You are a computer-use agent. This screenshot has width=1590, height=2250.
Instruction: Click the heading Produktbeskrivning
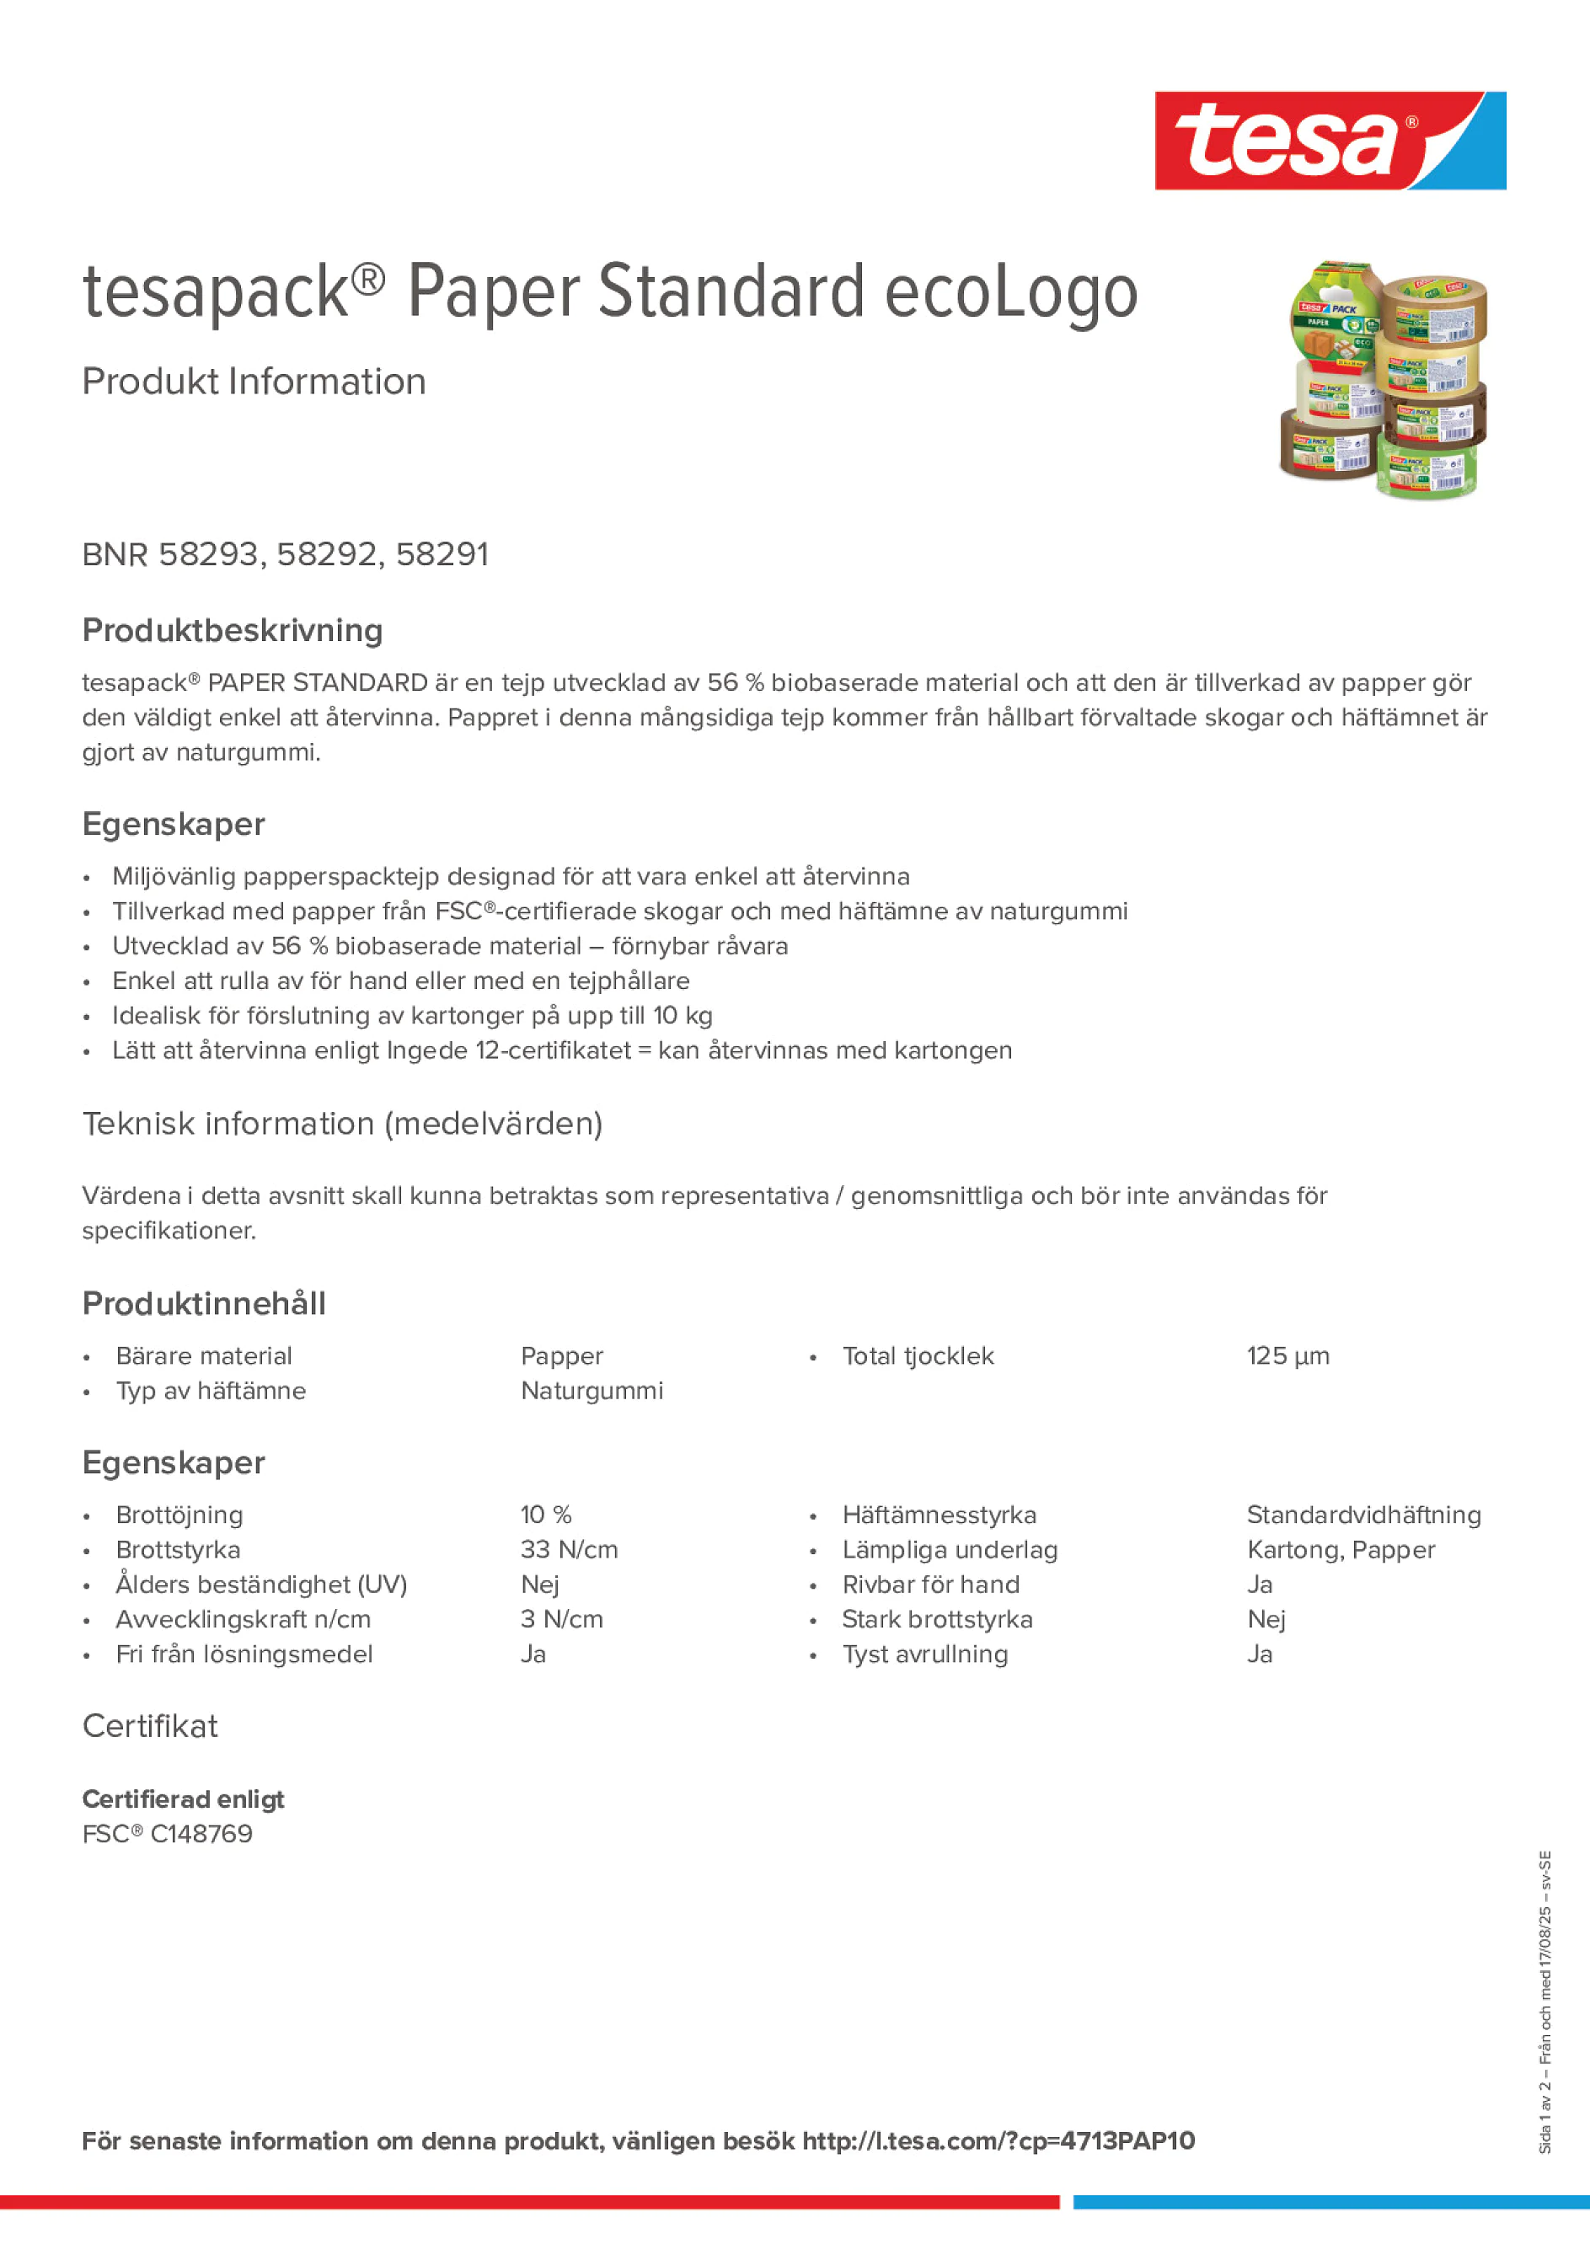tap(233, 630)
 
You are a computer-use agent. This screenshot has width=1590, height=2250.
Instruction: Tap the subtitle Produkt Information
tap(254, 382)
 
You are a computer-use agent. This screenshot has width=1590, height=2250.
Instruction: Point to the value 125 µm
tap(1288, 1356)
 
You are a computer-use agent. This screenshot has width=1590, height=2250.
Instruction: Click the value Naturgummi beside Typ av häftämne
tap(592, 1391)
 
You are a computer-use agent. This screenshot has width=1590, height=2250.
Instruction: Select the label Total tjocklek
tap(918, 1356)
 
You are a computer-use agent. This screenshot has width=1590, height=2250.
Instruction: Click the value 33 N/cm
tap(569, 1549)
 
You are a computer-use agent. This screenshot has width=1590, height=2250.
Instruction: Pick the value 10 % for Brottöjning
tap(545, 1515)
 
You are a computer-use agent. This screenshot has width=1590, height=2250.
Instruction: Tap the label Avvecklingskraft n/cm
tap(244, 1619)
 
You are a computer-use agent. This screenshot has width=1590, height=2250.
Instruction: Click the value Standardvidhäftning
tap(1362, 1515)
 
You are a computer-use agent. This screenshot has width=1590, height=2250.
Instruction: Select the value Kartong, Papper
tap(1340, 1549)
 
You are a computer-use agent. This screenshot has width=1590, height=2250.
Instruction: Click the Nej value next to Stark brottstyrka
tap(1266, 1619)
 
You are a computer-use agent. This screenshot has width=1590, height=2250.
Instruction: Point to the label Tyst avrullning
tap(924, 1654)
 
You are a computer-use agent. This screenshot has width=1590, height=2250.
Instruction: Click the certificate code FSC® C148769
tap(168, 1834)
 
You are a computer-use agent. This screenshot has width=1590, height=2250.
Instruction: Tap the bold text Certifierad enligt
tap(184, 1799)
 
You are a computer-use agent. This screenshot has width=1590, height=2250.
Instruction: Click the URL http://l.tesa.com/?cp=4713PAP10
tap(998, 2141)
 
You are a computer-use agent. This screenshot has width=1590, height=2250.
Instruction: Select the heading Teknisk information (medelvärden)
tap(342, 1123)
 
